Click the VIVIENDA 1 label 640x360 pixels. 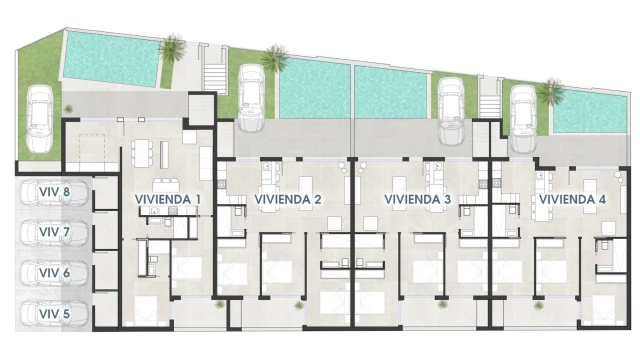pyautogui.click(x=168, y=200)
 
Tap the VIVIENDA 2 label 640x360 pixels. pyautogui.click(x=288, y=200)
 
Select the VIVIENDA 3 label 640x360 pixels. pyautogui.click(x=418, y=200)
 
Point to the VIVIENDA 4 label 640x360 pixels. pyautogui.click(x=572, y=200)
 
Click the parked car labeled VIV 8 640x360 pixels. pyautogui.click(x=55, y=193)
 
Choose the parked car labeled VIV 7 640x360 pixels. pyautogui.click(x=55, y=233)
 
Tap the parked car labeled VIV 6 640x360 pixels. pyautogui.click(x=55, y=273)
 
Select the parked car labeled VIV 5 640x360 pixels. pyautogui.click(x=55, y=313)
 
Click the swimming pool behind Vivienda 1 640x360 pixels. pyautogui.click(x=110, y=59)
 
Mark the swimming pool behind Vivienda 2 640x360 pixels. pyautogui.click(x=315, y=88)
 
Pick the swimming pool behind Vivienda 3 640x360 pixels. pyautogui.click(x=391, y=92)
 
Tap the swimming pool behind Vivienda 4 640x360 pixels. pyautogui.click(x=590, y=113)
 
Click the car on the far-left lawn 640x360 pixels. pyautogui.click(x=40, y=119)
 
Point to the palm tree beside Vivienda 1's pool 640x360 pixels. pyautogui.click(x=173, y=48)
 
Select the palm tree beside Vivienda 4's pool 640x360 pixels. pyautogui.click(x=551, y=92)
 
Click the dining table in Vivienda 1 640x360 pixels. pyautogui.click(x=141, y=153)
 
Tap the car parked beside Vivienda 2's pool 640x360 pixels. pyautogui.click(x=251, y=98)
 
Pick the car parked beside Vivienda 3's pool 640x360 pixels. pyautogui.click(x=451, y=111)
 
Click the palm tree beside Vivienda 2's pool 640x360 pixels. pyautogui.click(x=275, y=58)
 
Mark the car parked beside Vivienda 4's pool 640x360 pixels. pyautogui.click(x=523, y=119)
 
